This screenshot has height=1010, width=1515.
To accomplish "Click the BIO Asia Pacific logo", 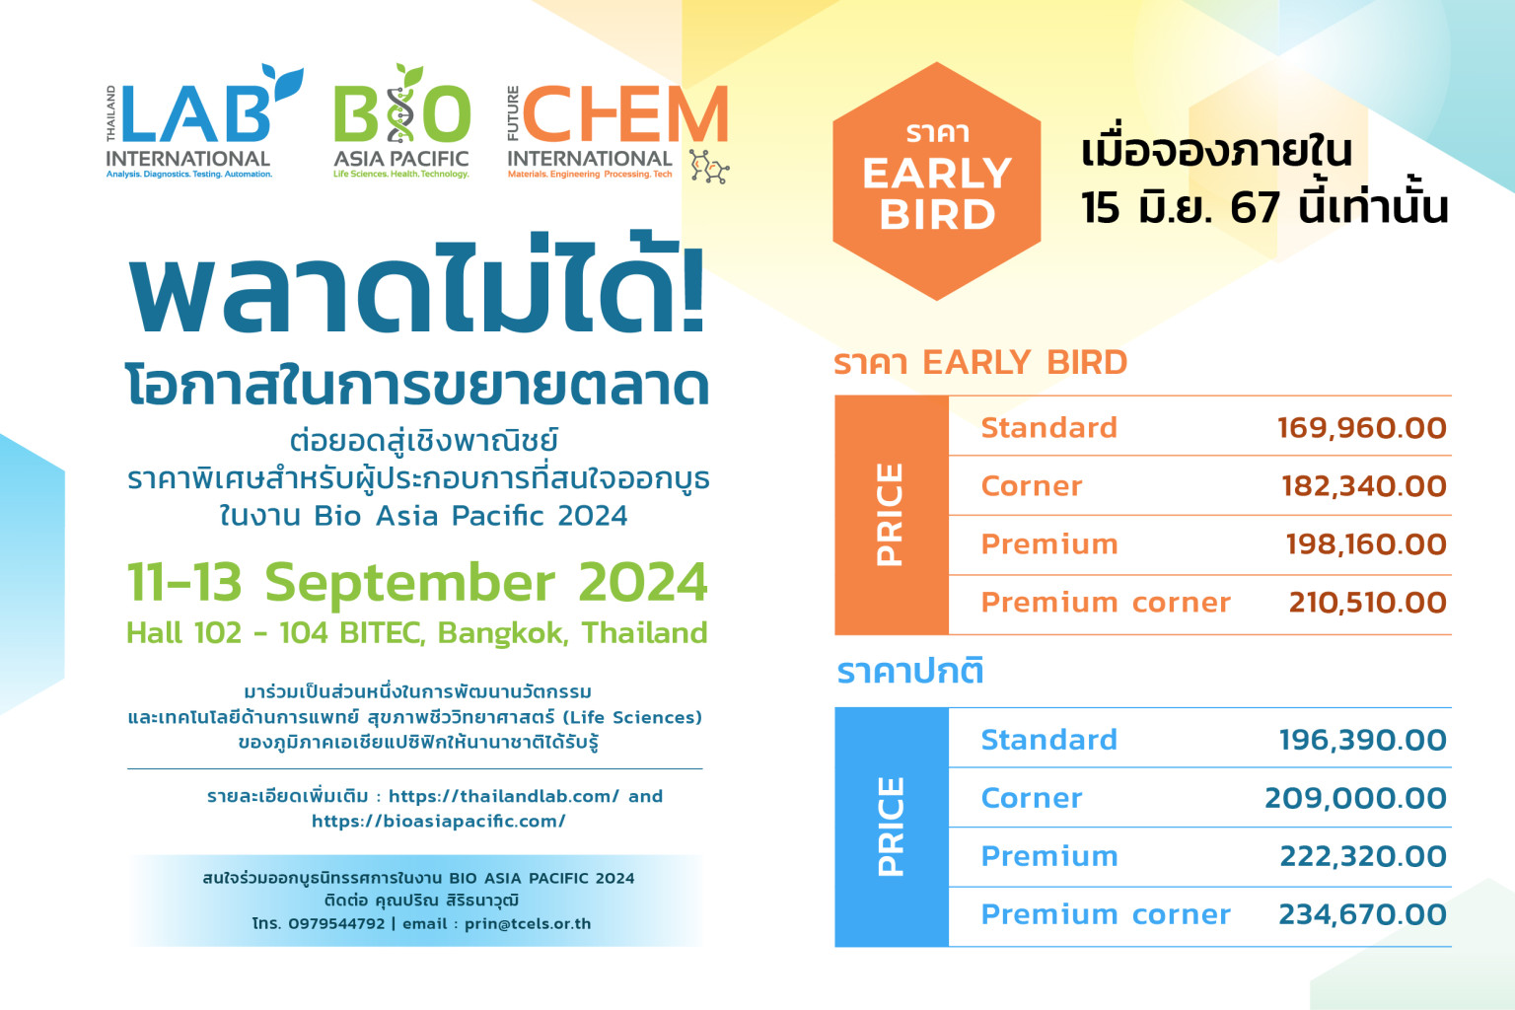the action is tap(401, 121).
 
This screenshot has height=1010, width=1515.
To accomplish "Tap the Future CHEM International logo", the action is tap(617, 132).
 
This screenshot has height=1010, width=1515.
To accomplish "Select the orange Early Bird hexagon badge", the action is tap(937, 181).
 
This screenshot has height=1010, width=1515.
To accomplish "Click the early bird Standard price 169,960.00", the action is tap(1361, 428).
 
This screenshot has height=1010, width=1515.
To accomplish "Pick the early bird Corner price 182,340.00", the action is tap(1363, 486).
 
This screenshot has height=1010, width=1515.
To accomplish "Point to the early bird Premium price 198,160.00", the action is tap(1365, 544).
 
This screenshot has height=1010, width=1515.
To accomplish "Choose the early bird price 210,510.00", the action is tap(1368, 603).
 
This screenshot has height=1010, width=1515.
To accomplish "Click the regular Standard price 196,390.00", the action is tap(1363, 740).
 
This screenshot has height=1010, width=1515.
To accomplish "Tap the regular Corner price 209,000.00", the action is tap(1355, 798).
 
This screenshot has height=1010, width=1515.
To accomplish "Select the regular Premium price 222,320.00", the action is tap(1363, 856).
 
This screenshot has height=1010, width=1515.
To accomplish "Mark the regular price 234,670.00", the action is tap(1362, 914).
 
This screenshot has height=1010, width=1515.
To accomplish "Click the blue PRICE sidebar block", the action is tap(892, 827).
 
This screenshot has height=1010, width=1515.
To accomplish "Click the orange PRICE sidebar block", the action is tap(892, 515).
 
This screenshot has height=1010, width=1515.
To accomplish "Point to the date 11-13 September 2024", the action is tap(417, 583).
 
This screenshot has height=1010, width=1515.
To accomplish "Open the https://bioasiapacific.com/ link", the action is tap(438, 822).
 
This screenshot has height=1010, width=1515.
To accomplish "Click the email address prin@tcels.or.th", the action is tap(528, 924).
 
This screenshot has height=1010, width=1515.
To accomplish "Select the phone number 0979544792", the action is tap(336, 924).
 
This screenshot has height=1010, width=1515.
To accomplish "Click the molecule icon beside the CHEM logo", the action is tap(709, 167).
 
